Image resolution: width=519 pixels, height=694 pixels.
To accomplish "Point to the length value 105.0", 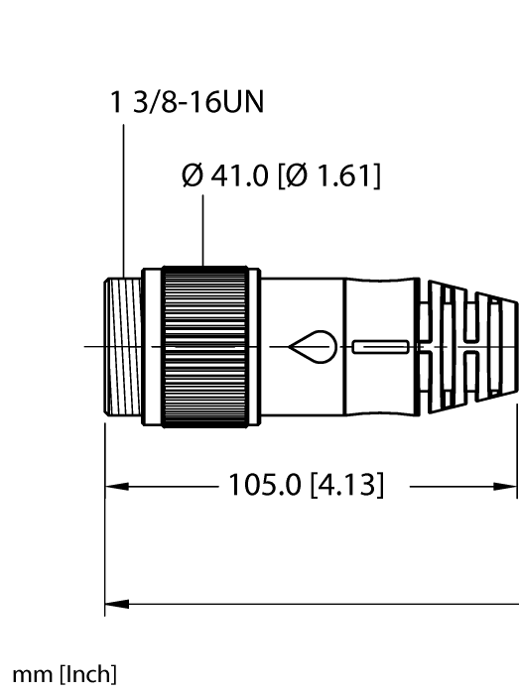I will [270, 486].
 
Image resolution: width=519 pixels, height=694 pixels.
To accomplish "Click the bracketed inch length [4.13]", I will [347, 486].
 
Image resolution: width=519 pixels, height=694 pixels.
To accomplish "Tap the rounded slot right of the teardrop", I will [379, 347].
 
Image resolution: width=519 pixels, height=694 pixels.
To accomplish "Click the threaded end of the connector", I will [121, 347].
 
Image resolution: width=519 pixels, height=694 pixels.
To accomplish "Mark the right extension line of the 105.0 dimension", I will [517, 446].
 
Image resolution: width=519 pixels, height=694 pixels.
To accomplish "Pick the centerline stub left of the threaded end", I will [92, 347].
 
